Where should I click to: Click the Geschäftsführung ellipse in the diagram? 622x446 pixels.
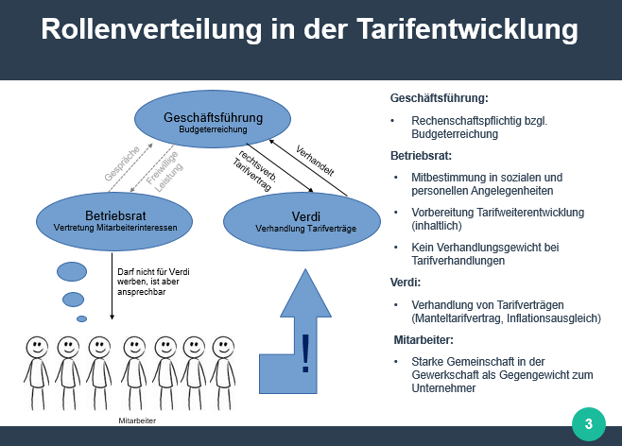point(213,119)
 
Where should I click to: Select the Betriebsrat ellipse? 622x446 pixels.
point(114,222)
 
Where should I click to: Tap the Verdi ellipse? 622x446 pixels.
point(302,222)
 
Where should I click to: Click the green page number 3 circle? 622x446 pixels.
point(589,424)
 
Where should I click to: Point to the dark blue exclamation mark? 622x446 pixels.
point(305,353)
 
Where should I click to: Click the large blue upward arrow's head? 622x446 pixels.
point(305,293)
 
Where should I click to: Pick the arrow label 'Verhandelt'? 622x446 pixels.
point(315,161)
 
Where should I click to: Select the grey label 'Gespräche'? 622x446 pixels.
point(122,163)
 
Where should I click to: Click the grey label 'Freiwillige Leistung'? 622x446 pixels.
point(164,172)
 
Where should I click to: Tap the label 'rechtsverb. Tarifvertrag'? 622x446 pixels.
point(254,170)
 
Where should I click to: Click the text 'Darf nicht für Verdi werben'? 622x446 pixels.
point(153,277)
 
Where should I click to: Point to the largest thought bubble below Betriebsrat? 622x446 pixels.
point(72,271)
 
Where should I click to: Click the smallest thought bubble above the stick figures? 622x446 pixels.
point(81,318)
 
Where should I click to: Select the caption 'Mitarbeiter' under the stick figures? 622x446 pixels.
point(137,420)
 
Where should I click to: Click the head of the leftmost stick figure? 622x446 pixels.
point(37,347)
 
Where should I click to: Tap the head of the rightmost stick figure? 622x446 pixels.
point(223,347)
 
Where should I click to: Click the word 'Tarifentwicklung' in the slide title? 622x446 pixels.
point(467,29)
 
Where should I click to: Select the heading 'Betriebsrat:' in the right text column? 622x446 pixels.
point(421,156)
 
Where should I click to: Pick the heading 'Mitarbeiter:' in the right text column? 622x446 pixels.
point(423,340)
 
